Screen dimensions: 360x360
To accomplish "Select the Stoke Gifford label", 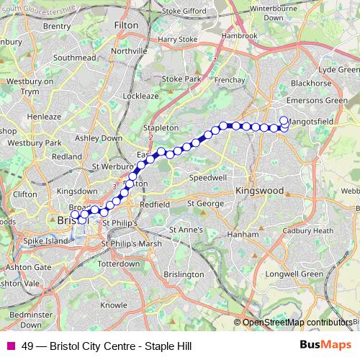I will click(184, 12).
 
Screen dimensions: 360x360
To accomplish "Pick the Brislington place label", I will click(183, 274).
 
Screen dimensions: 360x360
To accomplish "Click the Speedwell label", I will click(207, 176).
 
